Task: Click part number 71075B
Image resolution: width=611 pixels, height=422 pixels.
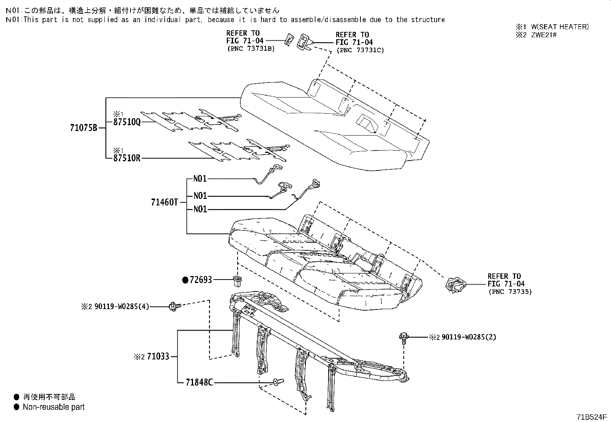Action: pos(84,128)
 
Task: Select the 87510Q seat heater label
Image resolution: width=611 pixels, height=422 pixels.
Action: pos(127,122)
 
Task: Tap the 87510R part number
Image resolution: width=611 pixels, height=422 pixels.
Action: pos(127,158)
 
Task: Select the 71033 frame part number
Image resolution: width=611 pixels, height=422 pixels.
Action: pos(157,357)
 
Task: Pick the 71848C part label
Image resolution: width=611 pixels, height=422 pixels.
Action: pos(199,382)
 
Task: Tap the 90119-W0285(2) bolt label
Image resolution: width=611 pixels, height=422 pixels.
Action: pos(469,337)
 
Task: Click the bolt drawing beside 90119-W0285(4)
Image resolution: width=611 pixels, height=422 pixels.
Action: pos(174,306)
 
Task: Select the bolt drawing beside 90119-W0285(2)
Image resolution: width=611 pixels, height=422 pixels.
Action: pos(403,337)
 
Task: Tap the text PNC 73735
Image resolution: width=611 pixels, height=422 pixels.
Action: pos(510,292)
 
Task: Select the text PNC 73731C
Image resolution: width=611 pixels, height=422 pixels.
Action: pos(360,50)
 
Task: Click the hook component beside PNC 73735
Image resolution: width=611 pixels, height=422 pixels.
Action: pos(456,285)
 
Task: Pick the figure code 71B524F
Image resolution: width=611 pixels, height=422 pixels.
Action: pos(591,416)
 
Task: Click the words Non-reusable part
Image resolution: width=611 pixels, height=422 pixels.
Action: pos(54,407)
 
